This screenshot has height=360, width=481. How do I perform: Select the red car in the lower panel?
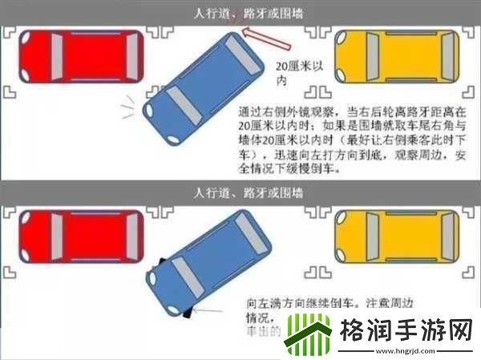[x=80, y=240]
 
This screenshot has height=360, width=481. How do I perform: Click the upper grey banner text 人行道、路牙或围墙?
[x=240, y=13]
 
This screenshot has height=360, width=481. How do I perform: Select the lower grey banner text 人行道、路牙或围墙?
[x=240, y=192]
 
